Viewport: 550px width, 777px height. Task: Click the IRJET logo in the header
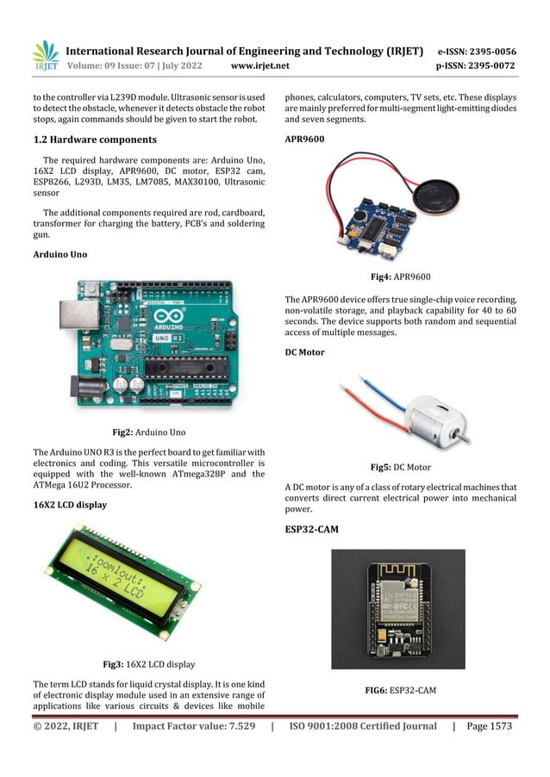pos(46,56)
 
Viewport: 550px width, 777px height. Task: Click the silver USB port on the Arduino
pos(79,314)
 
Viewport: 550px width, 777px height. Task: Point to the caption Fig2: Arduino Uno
pos(149,432)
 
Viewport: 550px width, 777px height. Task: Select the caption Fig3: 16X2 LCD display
pos(149,664)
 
